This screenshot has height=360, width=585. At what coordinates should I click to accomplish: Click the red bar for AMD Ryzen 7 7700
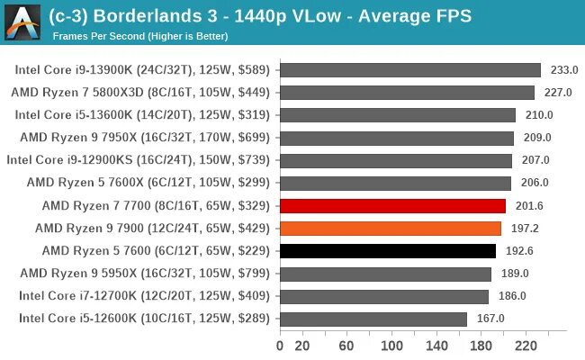click(x=392, y=205)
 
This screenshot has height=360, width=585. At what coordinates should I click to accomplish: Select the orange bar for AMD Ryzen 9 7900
click(x=391, y=228)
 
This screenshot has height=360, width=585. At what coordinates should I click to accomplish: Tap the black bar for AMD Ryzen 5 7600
click(x=388, y=250)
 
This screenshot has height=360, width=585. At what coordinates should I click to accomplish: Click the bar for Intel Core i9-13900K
click(x=410, y=70)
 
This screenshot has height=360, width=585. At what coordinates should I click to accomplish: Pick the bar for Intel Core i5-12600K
click(x=373, y=318)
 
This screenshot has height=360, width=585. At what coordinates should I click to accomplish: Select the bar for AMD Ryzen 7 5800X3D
click(x=407, y=93)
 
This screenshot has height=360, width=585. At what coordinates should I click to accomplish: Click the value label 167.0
click(x=490, y=318)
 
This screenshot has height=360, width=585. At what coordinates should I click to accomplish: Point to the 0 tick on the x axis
click(x=280, y=346)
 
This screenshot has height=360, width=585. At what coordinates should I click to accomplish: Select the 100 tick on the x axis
click(x=392, y=346)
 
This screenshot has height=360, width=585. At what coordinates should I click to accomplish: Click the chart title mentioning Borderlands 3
click(x=261, y=16)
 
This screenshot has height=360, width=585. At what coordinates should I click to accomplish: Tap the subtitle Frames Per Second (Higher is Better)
click(x=140, y=36)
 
